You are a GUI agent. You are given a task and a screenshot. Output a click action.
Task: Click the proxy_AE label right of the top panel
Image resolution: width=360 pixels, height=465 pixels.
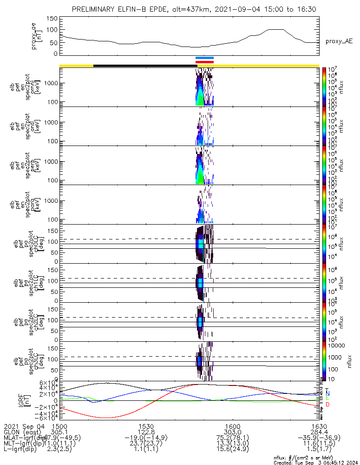[x=340, y=41]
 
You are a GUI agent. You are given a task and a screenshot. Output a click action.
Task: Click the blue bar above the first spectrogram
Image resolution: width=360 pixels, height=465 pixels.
[x=204, y=58]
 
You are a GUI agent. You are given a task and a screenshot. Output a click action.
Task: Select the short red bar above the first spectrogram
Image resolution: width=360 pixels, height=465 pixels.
[x=204, y=62]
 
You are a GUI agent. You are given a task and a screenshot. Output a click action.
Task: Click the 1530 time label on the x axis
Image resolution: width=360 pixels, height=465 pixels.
[x=146, y=426]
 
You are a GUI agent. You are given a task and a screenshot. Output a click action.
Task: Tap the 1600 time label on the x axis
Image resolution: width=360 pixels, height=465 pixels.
[x=232, y=426]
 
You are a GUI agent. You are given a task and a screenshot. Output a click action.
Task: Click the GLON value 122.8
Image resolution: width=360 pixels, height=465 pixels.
[x=146, y=432]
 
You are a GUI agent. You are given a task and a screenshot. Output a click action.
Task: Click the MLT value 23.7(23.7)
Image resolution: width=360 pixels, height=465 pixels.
[x=146, y=444]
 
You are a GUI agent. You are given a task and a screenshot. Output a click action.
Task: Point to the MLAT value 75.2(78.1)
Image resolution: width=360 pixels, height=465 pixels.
[x=232, y=438]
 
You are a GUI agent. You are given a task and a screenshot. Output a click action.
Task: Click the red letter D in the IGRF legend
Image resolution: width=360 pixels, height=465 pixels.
[x=327, y=405]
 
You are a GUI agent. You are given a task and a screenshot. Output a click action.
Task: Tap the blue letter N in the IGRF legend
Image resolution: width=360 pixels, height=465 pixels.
[x=327, y=393]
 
